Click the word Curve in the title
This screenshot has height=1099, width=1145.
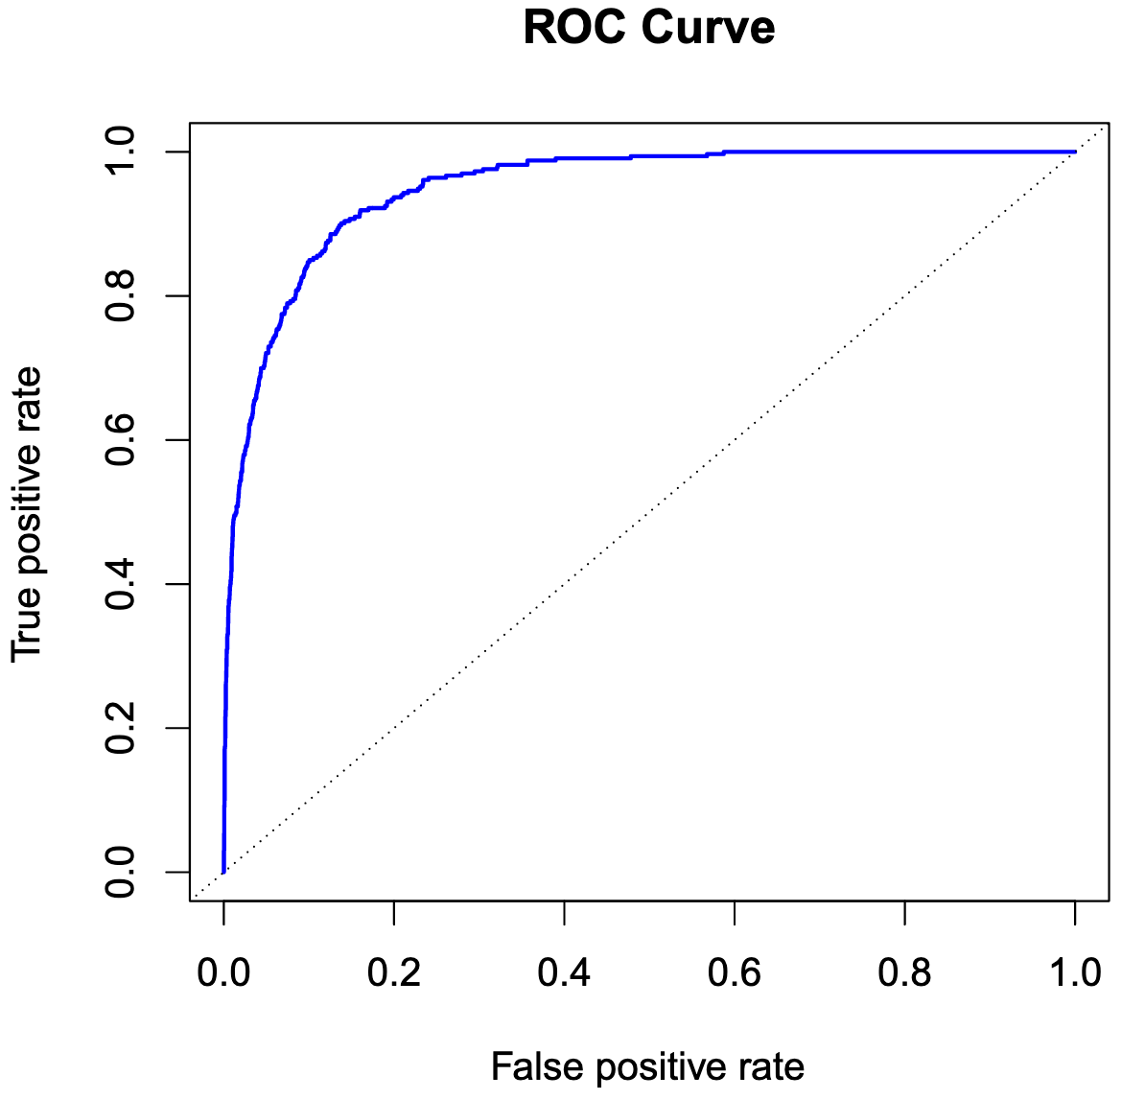pyautogui.click(x=709, y=28)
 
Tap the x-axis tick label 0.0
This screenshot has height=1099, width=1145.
pyautogui.click(x=223, y=972)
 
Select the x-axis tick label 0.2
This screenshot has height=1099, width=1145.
pyautogui.click(x=394, y=972)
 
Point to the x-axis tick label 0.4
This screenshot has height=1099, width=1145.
pyautogui.click(x=564, y=972)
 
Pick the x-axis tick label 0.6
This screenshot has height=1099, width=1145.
pyautogui.click(x=735, y=972)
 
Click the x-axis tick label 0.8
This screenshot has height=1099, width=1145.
pyautogui.click(x=904, y=972)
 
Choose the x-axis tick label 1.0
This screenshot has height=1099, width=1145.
pyautogui.click(x=1075, y=972)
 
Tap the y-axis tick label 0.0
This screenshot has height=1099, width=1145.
pyautogui.click(x=122, y=872)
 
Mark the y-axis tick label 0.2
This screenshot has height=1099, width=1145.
pyautogui.click(x=122, y=728)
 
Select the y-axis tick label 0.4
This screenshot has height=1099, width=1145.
pyautogui.click(x=122, y=584)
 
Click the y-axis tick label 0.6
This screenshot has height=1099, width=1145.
pyautogui.click(x=122, y=440)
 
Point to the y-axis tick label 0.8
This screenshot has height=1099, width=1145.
pyautogui.click(x=122, y=296)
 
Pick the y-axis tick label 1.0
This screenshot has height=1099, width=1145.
pyautogui.click(x=122, y=152)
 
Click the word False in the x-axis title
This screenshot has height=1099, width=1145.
pyautogui.click(x=529, y=1066)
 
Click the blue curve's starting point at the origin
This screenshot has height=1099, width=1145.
pyautogui.click(x=223, y=872)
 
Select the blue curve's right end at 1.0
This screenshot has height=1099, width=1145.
pyautogui.click(x=1074, y=152)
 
